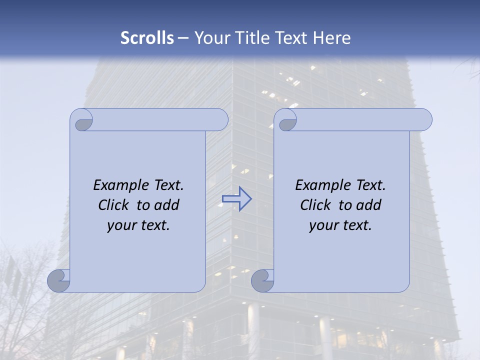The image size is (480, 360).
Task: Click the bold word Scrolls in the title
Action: coord(147,38)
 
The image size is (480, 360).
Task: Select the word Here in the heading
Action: coord(331,38)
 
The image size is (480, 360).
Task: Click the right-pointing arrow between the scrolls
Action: coord(236,199)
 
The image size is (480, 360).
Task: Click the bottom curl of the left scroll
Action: coord(59,280)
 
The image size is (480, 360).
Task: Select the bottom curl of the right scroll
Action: coord(262,280)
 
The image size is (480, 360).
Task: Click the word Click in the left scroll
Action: coord(113,205)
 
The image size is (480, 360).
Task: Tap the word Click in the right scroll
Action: coord(315,205)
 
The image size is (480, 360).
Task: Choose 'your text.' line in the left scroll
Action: coord(138,225)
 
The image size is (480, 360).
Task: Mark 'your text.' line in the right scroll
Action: coord(340,225)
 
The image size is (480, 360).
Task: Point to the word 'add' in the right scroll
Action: coord(369,205)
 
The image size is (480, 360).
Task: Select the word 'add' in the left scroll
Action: coord(167,205)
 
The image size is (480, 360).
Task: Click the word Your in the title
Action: coord(209,38)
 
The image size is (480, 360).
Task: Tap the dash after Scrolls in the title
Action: coord(183,38)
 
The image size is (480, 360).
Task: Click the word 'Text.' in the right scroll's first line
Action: coord(370,185)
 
